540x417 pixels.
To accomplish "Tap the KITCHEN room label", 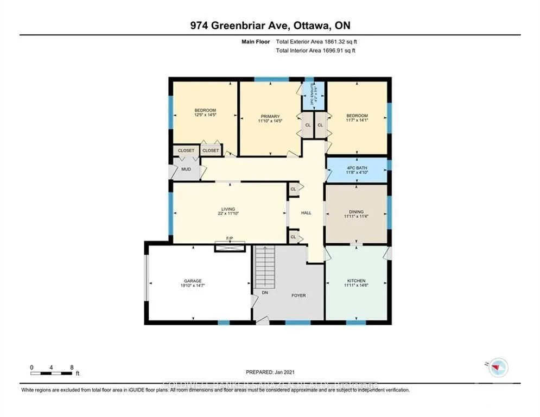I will [x=356, y=281].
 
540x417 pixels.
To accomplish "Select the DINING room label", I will [x=356, y=212].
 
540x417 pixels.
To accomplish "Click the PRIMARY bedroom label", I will [x=270, y=116].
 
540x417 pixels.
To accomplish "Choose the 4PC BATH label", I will [x=357, y=168].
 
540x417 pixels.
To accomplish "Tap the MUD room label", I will [x=186, y=169].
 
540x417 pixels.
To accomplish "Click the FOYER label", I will [x=298, y=295].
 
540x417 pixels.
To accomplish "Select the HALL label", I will [x=306, y=213].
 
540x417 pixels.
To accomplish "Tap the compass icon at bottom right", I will [x=497, y=368].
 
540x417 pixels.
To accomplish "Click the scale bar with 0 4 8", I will [x=52, y=373].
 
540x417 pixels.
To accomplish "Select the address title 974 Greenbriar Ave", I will [x=270, y=26].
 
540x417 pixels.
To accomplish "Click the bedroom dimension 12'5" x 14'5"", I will [x=205, y=115].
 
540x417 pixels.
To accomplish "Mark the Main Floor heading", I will [x=256, y=41].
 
